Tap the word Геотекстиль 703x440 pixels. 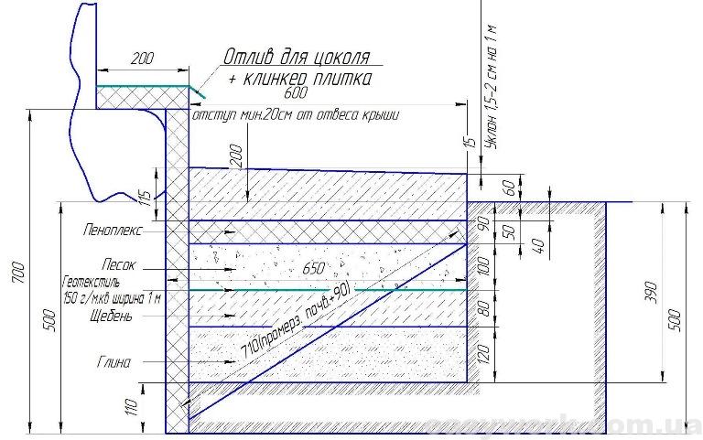[x=91, y=284]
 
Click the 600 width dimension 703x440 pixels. [x=295, y=93]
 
